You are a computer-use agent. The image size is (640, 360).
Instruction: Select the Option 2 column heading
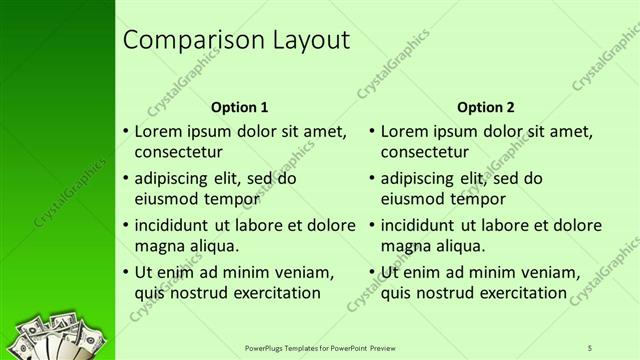coord(485,107)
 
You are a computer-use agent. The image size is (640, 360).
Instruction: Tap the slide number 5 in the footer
coord(590,349)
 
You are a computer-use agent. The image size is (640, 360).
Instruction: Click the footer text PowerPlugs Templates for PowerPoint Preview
coord(319,349)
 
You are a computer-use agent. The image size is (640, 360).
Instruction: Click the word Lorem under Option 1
coord(157,131)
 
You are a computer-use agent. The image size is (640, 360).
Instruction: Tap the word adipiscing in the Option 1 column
coord(174,179)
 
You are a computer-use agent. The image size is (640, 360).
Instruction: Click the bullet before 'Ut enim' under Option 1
coord(124,273)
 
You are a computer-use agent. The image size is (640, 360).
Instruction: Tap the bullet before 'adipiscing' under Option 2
coord(371,179)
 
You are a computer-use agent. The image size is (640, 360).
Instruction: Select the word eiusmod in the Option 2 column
coord(413,199)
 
